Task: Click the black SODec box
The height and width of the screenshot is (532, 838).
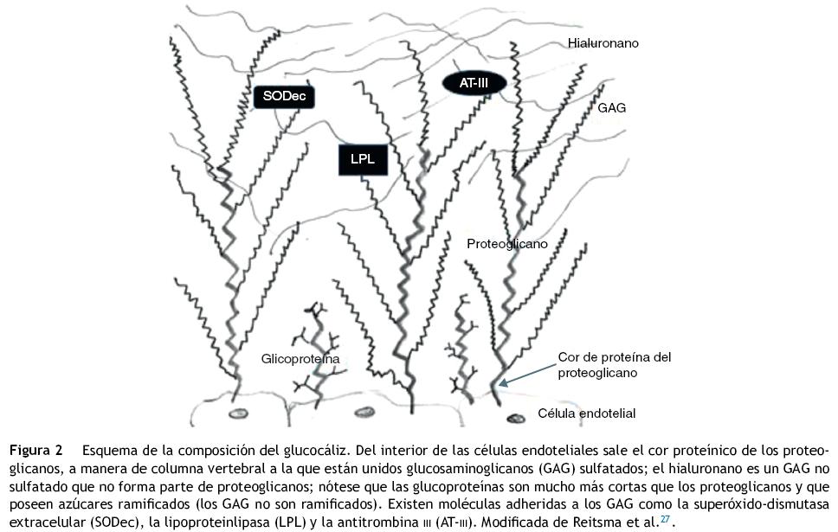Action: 284,97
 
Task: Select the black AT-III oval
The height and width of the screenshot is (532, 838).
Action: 474,84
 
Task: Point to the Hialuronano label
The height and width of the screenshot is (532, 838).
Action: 603,42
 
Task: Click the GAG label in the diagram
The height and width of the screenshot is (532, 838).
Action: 611,109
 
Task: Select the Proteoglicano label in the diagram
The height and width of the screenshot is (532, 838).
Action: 506,244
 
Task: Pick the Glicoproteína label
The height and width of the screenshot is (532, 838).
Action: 300,358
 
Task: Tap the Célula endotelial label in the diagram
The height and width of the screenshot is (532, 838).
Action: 586,413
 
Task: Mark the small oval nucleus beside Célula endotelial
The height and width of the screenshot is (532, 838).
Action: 516,419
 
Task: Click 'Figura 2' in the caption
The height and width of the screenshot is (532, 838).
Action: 36,452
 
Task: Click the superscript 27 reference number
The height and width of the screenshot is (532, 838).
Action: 666,519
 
